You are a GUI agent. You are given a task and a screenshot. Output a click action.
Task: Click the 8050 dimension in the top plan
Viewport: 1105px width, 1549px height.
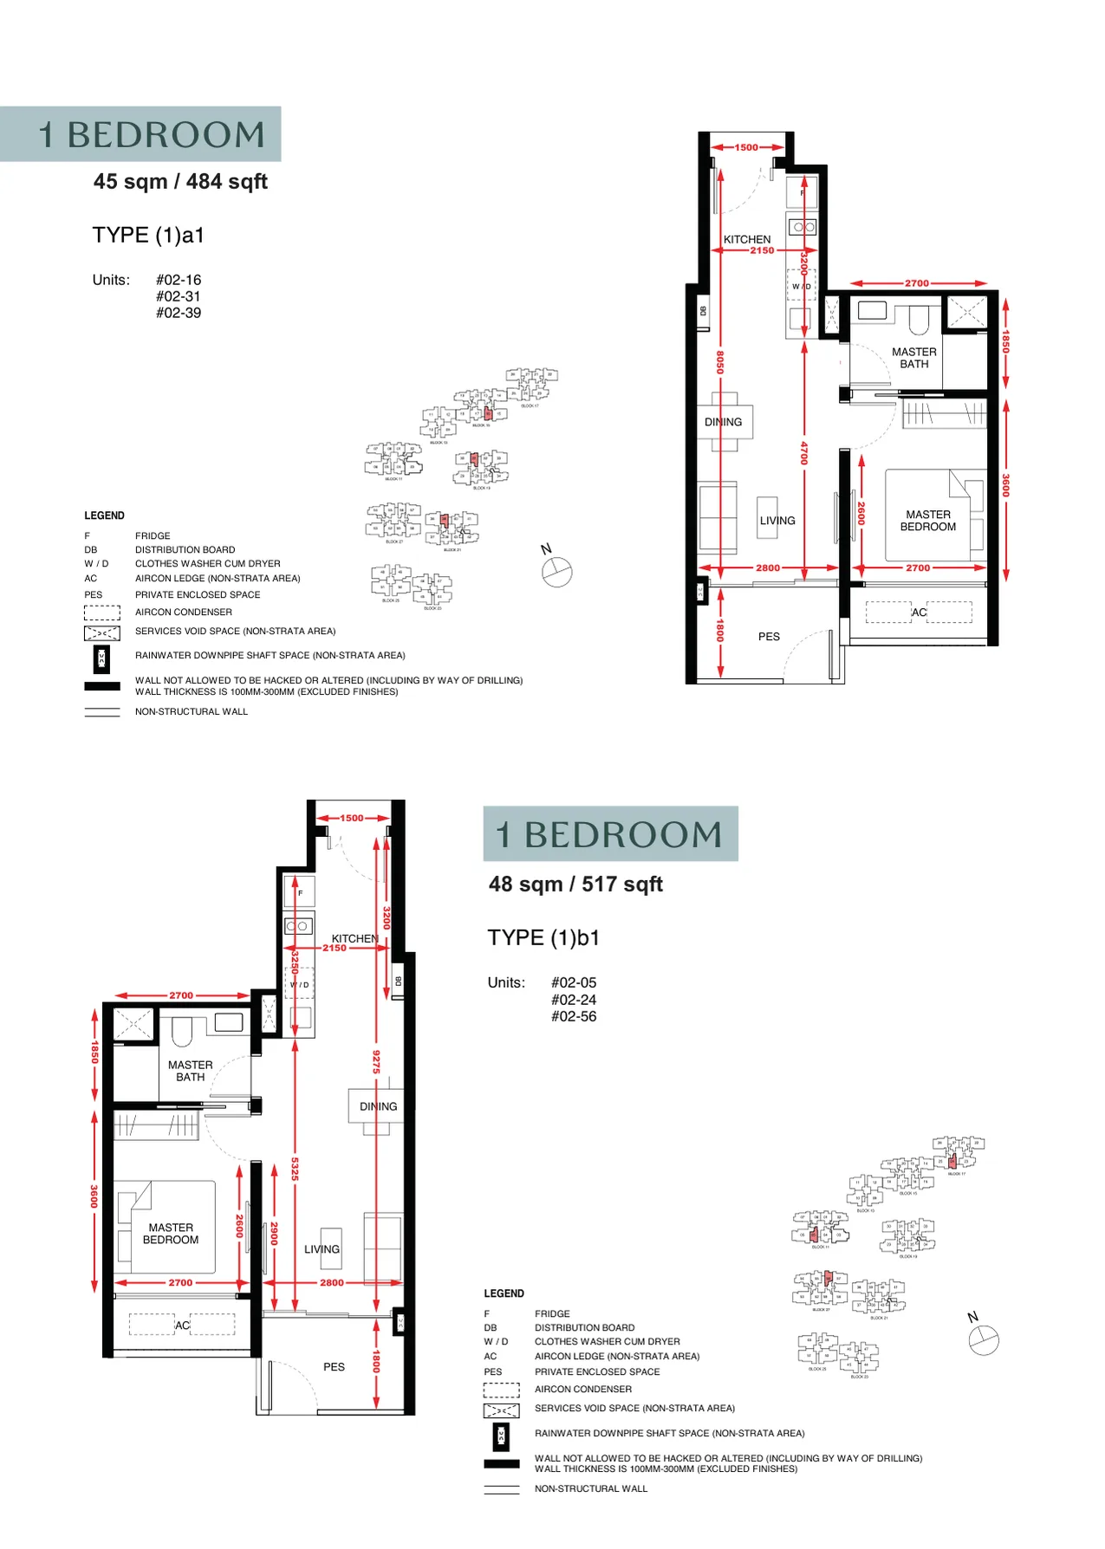pos(720,362)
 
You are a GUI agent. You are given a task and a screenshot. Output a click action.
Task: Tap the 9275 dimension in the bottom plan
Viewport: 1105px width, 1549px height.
pos(376,1061)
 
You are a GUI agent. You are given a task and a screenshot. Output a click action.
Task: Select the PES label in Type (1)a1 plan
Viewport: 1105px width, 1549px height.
pos(769,637)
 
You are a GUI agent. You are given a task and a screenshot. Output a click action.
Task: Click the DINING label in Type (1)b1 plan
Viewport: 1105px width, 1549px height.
pos(378,1106)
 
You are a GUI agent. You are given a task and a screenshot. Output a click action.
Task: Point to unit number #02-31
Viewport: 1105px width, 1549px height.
pos(179,296)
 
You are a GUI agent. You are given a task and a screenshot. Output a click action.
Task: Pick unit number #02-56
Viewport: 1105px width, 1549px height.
pos(574,1016)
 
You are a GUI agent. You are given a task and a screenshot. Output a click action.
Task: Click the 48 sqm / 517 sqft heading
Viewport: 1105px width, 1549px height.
pos(575,884)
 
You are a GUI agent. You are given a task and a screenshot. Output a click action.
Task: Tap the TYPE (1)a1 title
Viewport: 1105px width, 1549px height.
pos(148,235)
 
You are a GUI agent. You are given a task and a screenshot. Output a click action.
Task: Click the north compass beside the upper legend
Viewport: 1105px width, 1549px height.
pos(556,572)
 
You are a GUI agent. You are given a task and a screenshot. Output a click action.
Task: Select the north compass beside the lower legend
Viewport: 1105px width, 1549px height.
pos(984,1340)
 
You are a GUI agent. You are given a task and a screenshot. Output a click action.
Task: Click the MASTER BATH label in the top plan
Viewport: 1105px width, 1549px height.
pos(914,358)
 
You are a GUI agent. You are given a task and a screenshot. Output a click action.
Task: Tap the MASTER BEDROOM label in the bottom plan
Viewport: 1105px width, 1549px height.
pos(171,1234)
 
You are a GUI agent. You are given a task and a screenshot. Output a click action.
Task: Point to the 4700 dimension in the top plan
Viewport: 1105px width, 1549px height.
pos(804,452)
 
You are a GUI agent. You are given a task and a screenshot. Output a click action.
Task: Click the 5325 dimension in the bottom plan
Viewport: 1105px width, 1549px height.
pos(295,1169)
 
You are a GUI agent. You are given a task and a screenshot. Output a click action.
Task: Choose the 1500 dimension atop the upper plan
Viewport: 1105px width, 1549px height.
pos(746,147)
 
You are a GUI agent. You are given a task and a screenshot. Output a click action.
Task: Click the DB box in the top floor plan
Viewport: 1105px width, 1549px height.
pos(703,311)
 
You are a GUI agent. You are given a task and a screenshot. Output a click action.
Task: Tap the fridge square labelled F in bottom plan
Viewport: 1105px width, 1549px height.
pos(300,892)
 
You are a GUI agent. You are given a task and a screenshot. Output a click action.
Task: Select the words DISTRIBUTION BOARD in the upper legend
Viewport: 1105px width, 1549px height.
pos(185,549)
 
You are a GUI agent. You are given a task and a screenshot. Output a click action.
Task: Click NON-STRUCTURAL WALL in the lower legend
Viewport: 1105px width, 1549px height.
pos(590,1488)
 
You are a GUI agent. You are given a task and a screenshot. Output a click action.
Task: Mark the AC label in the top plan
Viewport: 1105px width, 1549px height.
pos(919,612)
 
